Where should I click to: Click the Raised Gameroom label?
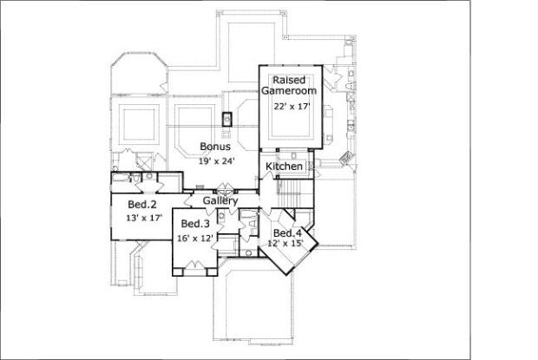(289, 84)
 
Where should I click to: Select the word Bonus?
(215, 147)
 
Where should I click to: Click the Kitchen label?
(284, 167)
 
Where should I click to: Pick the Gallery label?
(220, 200)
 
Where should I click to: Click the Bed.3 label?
(195, 224)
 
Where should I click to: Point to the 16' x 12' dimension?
(195, 238)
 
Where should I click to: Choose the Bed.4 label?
(287, 233)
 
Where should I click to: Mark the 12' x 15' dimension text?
(287, 245)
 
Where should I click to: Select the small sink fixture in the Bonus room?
(226, 120)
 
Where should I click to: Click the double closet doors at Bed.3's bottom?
(194, 270)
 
